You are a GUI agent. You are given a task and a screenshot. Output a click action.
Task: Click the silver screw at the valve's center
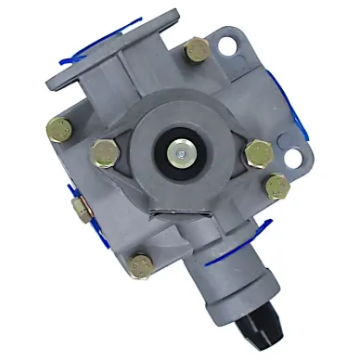click(178, 148)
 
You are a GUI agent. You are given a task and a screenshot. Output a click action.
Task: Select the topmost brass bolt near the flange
click(196, 51)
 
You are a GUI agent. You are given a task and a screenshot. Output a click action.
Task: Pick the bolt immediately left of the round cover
click(102, 149)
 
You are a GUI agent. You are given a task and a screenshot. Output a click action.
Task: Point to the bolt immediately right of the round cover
click(255, 152)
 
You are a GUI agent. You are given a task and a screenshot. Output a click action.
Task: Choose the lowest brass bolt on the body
click(140, 265)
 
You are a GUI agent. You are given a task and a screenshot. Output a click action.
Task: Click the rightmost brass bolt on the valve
click(277, 188)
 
